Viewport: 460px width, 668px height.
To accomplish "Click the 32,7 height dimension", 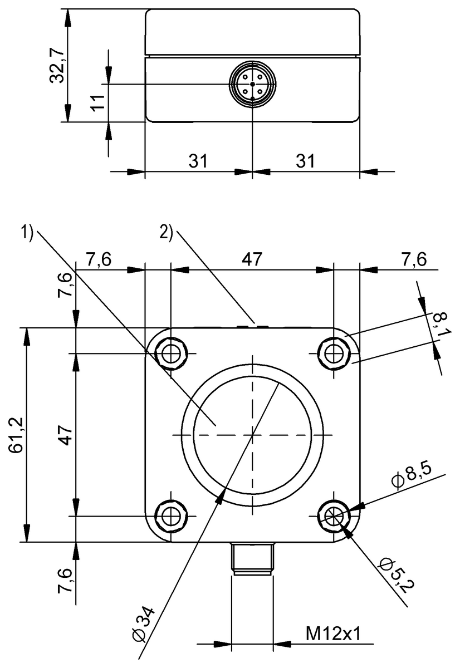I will pos(58,65).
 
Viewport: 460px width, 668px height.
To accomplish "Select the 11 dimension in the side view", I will pos(97,102).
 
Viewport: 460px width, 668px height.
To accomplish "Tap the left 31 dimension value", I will pos(197,161).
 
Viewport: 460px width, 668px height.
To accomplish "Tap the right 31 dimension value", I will pos(305,161).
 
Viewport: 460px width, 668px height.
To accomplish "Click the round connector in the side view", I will pos(252,85).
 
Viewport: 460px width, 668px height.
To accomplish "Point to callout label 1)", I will pos(28,232).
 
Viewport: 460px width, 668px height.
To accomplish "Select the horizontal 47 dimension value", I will pos(251,259).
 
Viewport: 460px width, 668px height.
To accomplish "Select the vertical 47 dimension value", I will pos(66,435).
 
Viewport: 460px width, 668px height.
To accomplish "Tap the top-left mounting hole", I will pos(171,352).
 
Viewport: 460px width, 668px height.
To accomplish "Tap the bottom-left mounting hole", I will pos(171,515).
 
